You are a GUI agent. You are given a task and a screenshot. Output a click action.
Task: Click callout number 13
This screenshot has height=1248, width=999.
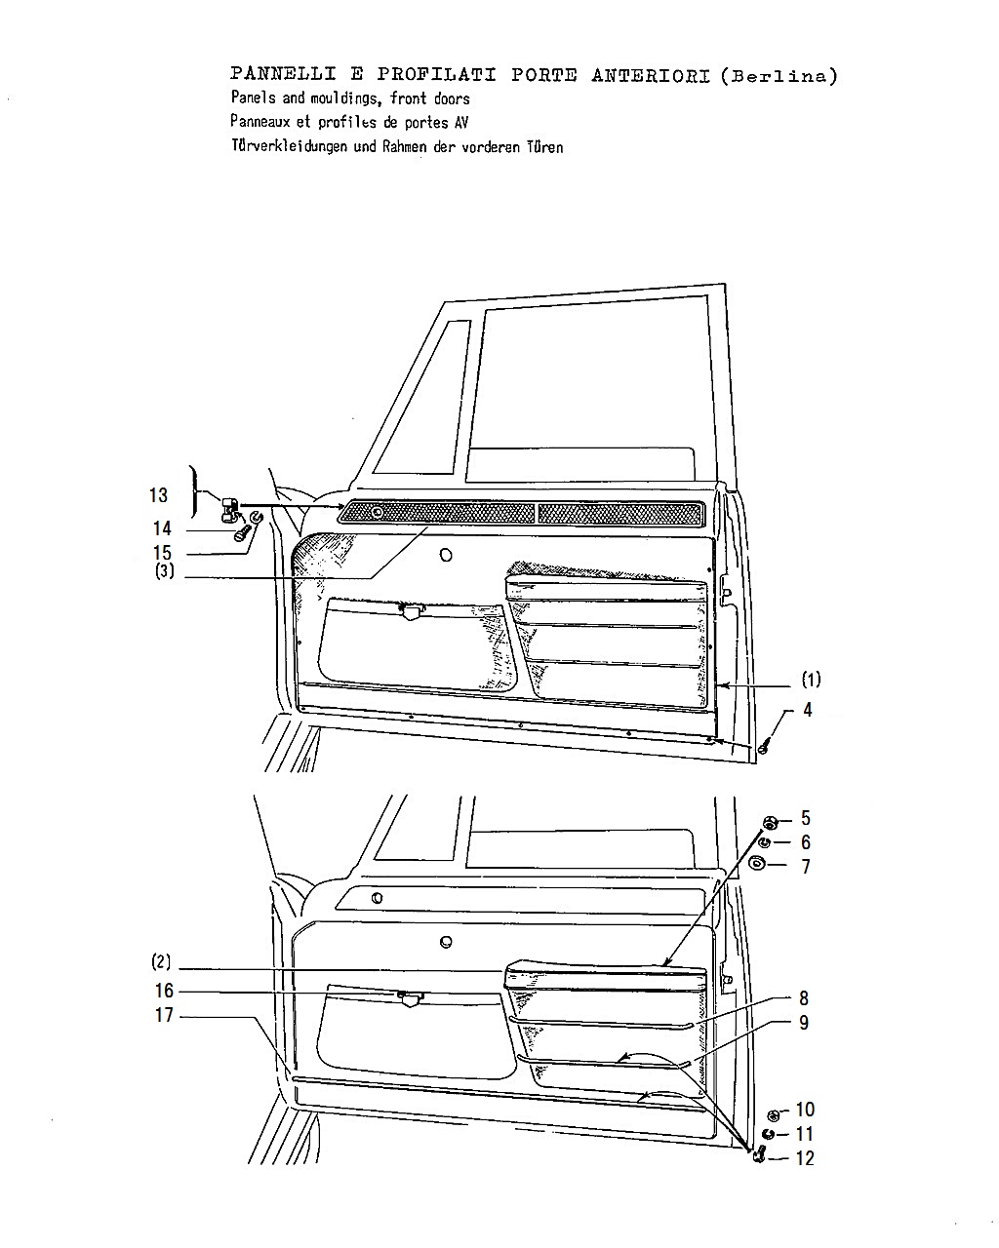pyautogui.click(x=158, y=495)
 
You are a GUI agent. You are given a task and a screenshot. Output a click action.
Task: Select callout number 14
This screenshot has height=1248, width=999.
pyautogui.click(x=162, y=528)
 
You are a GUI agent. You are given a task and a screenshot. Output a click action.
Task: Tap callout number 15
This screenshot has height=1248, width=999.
pyautogui.click(x=162, y=553)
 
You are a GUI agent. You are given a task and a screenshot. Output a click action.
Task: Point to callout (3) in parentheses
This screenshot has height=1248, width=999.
pyautogui.click(x=164, y=571)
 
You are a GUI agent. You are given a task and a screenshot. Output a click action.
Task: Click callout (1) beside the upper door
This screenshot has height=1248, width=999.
pyautogui.click(x=811, y=680)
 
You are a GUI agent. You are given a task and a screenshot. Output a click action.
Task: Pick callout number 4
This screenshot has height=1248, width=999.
pyautogui.click(x=808, y=709)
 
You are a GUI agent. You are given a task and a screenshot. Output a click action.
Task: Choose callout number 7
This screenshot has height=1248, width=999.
pyautogui.click(x=806, y=867)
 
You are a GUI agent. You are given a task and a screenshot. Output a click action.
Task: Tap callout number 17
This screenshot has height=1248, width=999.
pyautogui.click(x=164, y=1015)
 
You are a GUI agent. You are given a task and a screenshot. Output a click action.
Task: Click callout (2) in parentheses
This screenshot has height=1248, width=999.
pyautogui.click(x=161, y=962)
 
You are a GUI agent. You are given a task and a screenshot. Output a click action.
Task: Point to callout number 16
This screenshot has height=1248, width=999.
pyautogui.click(x=164, y=991)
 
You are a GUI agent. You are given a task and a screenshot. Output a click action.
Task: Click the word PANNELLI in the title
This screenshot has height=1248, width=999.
pyautogui.click(x=283, y=74)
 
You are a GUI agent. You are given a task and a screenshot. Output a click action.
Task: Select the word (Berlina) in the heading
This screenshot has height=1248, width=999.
pyautogui.click(x=779, y=76)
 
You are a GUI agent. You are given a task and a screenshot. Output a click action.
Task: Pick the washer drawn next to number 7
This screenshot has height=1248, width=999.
pyautogui.click(x=757, y=864)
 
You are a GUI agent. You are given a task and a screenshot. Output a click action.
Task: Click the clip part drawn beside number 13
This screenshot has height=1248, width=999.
pyautogui.click(x=229, y=510)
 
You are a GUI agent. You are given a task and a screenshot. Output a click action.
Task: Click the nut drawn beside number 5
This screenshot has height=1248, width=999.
pyautogui.click(x=771, y=822)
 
